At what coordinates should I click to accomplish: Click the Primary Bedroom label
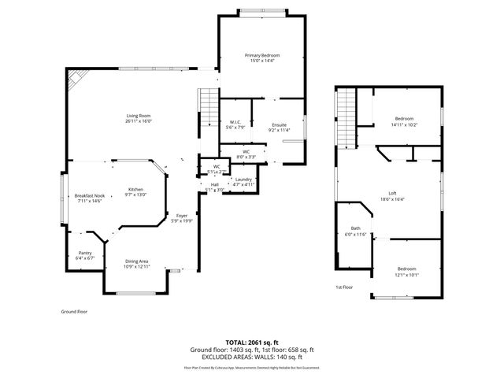click(262, 55)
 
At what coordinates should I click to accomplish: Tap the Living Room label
click(137, 117)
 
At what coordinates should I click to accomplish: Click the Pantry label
click(85, 254)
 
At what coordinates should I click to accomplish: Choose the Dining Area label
click(137, 261)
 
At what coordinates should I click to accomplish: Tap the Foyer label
click(182, 215)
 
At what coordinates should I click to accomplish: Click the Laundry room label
click(243, 180)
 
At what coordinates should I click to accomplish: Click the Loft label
click(393, 193)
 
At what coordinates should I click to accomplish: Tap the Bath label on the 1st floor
click(356, 228)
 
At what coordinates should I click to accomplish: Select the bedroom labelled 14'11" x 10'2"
click(404, 119)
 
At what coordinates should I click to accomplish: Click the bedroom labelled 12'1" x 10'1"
click(407, 269)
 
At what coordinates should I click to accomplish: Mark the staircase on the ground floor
click(208, 108)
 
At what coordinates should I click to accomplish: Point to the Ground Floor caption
click(74, 311)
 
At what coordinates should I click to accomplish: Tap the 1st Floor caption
click(344, 287)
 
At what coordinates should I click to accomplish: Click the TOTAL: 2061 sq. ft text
click(252, 342)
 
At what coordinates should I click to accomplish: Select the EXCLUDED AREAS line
click(252, 358)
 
